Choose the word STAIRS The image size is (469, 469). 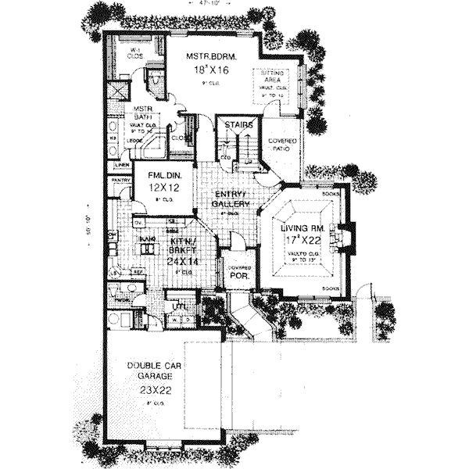tap(237, 126)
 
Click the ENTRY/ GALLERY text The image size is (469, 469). tap(231, 199)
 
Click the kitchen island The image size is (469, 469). tap(147, 247)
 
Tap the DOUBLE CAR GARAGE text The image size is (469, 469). tap(151, 374)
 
